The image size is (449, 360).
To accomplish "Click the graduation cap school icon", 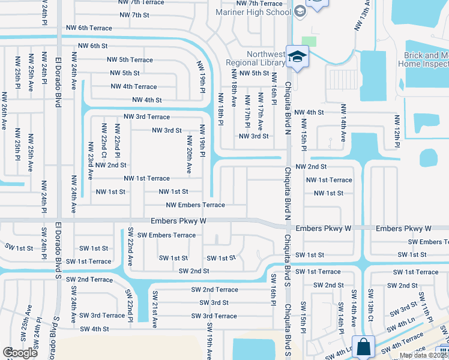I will [x=297, y=56].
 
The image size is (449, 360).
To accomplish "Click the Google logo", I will [x=20, y=353].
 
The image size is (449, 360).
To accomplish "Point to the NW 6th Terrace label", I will [x=89, y=28].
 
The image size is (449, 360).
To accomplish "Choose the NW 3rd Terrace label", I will [x=146, y=117].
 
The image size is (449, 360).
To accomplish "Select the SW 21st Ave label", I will [x=154, y=315].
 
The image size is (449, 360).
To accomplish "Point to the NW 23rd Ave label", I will [x=90, y=161].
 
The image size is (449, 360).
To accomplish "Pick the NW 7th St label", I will [x=133, y=15].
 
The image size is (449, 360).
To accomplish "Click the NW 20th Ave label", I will [x=189, y=155].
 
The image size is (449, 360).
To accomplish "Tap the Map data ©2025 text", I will [x=423, y=355].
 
